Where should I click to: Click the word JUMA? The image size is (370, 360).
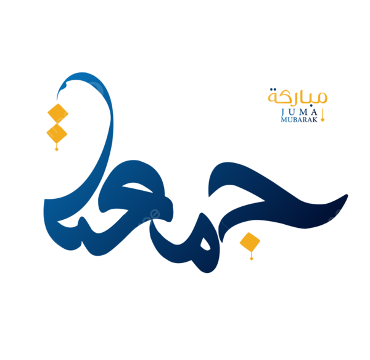[x=299, y=112]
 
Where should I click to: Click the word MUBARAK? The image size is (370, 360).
[x=299, y=120]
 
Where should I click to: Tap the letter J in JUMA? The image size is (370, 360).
[x=283, y=112]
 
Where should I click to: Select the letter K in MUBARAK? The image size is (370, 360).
[x=315, y=120]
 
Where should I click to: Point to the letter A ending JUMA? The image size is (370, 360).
[x=314, y=112]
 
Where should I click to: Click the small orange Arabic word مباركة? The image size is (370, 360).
[x=297, y=97]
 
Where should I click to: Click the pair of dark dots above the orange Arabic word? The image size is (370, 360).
[x=273, y=90]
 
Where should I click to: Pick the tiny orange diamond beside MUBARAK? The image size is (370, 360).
[x=323, y=120]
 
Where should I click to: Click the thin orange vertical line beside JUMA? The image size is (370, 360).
[x=323, y=114]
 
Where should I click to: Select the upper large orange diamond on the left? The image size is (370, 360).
[x=58, y=114]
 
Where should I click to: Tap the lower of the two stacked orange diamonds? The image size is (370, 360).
[x=57, y=134]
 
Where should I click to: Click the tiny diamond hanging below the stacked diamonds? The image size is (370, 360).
[x=57, y=149]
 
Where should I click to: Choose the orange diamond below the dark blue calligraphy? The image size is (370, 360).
[x=250, y=242]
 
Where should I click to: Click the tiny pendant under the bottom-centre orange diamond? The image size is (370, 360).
[x=252, y=259]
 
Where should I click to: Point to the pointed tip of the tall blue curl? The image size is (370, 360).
[x=57, y=99]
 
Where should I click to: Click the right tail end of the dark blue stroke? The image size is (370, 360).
[x=347, y=195]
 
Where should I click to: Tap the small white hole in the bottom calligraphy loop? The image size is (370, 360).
[x=205, y=245]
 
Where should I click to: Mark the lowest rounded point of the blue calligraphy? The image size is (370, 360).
[x=207, y=272]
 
